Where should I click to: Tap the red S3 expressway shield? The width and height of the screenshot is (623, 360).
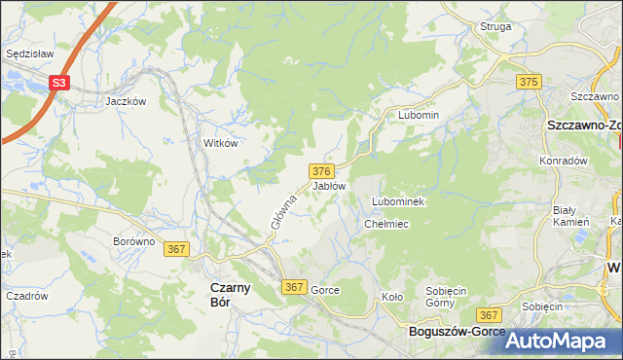[60, 84]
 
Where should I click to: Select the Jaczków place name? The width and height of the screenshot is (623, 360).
[126, 101]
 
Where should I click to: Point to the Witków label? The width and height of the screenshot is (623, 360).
[220, 142]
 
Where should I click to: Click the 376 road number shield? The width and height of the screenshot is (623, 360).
[324, 170]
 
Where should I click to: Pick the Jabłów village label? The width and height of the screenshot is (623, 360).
[328, 185]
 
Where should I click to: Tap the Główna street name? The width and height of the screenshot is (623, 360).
[282, 210]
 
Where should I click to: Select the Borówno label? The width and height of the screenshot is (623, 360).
[134, 241]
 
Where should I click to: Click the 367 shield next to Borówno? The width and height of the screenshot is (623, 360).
[176, 249]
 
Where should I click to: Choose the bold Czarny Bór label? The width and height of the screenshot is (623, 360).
[232, 294]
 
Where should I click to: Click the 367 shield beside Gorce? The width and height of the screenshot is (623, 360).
[295, 287]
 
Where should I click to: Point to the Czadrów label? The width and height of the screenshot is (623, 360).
[27, 296]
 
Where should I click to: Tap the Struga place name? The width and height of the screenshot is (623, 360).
[495, 26]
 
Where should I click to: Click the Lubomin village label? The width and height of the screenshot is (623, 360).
[419, 115]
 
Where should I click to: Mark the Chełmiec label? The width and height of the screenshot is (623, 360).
[385, 224]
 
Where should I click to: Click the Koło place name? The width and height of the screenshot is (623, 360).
[391, 297]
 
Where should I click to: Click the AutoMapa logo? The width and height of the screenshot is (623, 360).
[560, 341]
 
